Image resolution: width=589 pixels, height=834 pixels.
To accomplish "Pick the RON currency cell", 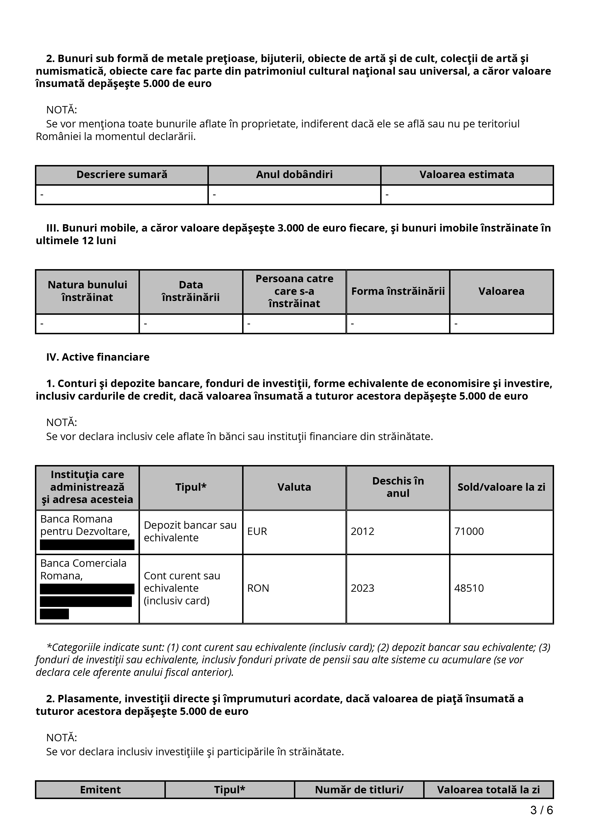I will click(258, 588).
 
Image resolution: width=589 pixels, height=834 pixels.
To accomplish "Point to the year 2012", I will click(362, 531).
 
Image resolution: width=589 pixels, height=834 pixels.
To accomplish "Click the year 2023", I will click(362, 588).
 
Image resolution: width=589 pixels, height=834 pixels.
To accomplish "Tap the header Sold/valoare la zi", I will click(501, 487).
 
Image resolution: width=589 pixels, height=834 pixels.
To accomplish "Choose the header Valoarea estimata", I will click(467, 175).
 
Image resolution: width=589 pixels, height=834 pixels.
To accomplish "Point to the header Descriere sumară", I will click(122, 175).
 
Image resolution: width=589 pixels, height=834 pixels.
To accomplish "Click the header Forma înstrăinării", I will click(398, 291).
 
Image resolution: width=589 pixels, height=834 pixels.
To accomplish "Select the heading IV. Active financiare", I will click(98, 357).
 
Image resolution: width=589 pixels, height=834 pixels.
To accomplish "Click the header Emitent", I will click(100, 790).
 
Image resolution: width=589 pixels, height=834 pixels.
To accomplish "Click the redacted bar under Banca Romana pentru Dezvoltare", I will click(87, 545).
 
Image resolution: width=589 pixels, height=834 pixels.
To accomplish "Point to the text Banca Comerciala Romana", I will click(83, 569).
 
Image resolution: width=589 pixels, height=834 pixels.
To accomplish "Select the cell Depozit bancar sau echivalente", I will click(190, 531).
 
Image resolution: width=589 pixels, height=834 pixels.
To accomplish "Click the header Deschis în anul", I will click(398, 487).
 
